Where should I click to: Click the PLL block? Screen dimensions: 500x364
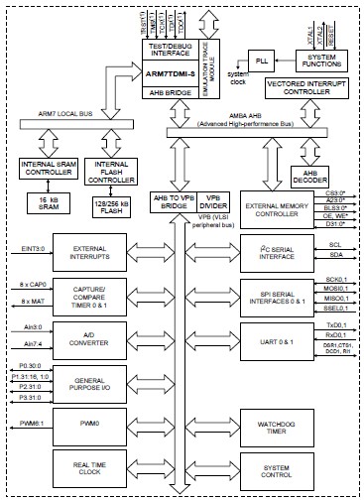262,62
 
